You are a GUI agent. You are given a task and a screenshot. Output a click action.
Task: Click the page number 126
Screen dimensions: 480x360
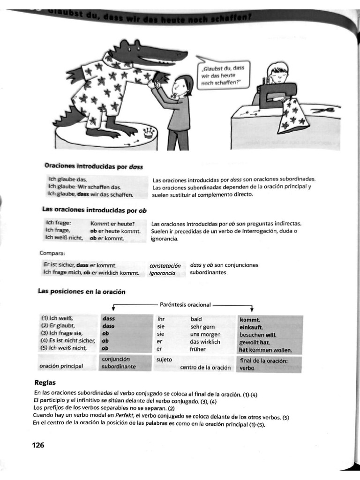pyautogui.click(x=38, y=445)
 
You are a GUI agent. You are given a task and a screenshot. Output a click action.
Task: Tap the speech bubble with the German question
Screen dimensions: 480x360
pyautogui.click(x=224, y=75)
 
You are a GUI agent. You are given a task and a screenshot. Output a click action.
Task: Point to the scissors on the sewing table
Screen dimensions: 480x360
pyautogui.click(x=323, y=111)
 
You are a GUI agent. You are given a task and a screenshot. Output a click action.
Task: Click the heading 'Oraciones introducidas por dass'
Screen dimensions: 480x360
pyautogui.click(x=94, y=166)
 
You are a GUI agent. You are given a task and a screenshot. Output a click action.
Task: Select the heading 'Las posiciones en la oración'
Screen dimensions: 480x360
pyautogui.click(x=82, y=292)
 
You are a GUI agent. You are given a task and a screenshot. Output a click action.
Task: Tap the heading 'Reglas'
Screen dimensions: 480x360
pyautogui.click(x=45, y=382)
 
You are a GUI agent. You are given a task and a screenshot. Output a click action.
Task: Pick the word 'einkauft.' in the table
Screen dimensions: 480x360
pyautogui.click(x=251, y=327)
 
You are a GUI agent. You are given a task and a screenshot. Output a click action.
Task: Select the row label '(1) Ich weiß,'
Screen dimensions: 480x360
pyautogui.click(x=57, y=319)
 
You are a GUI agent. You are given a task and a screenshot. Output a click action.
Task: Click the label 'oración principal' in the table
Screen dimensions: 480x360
pyautogui.click(x=62, y=366)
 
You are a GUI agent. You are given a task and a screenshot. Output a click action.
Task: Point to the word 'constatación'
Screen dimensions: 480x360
pyautogui.click(x=165, y=265)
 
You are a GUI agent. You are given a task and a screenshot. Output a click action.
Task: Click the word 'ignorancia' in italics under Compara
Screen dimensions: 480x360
pyautogui.click(x=162, y=273)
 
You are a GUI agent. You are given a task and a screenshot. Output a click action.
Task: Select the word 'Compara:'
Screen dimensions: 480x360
pyautogui.click(x=52, y=254)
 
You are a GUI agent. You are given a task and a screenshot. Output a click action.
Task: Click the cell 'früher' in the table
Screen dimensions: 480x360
pyautogui.click(x=198, y=349)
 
